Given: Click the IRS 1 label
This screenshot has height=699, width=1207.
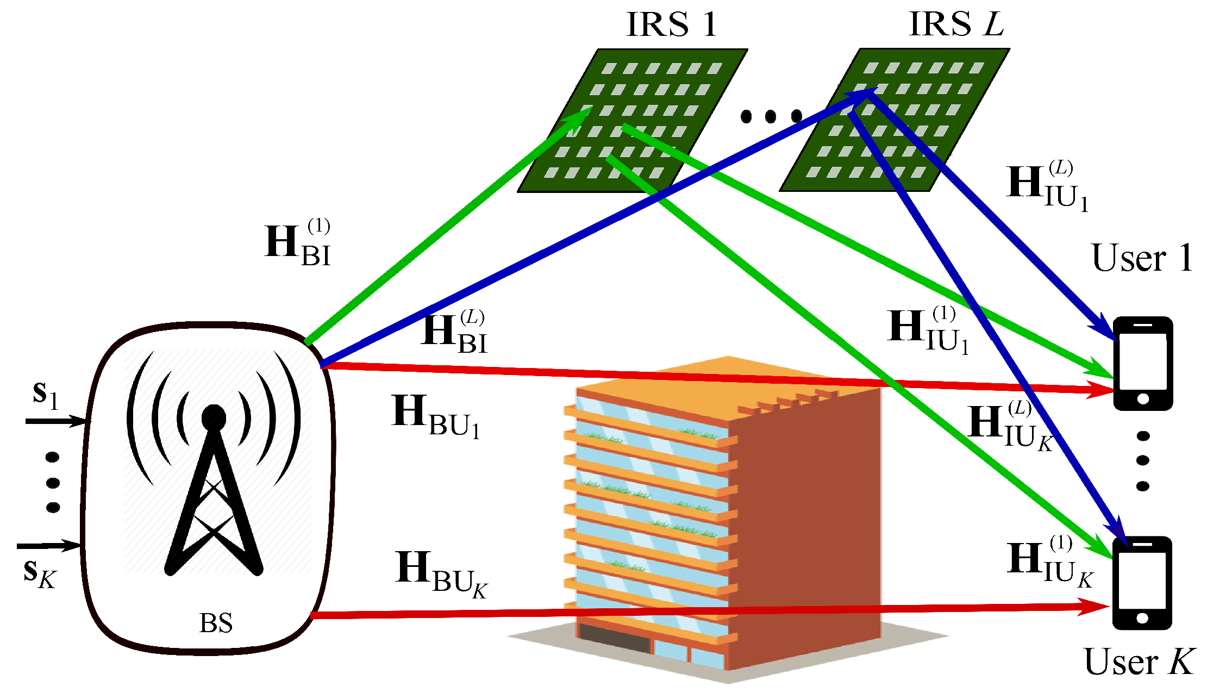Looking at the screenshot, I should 672,24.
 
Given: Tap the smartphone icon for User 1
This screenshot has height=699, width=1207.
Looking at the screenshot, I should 1143,363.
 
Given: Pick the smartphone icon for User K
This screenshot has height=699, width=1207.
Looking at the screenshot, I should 1142,583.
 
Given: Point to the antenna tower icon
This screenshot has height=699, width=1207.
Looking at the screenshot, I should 214,489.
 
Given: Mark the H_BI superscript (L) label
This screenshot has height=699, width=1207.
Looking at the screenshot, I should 454,332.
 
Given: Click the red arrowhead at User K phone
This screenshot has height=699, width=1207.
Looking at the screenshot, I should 1092,607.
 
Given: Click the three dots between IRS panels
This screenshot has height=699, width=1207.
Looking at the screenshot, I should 771,116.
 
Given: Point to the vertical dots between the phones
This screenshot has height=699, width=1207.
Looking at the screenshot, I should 1143,460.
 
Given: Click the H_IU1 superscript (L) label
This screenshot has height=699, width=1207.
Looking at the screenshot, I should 1047,186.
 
